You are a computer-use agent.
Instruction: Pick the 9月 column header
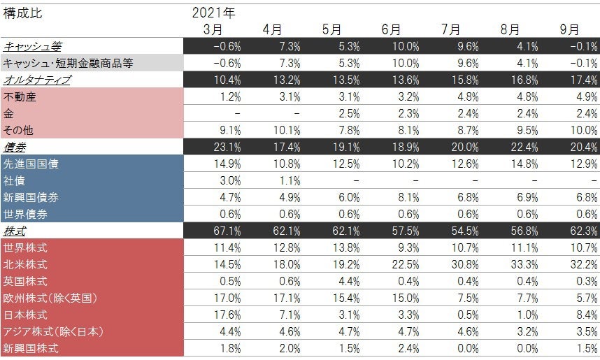point(570,29)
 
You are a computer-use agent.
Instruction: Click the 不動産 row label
point(20,97)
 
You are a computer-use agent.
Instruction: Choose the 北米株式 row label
point(25,264)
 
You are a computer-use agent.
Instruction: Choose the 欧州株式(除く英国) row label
point(50,297)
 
